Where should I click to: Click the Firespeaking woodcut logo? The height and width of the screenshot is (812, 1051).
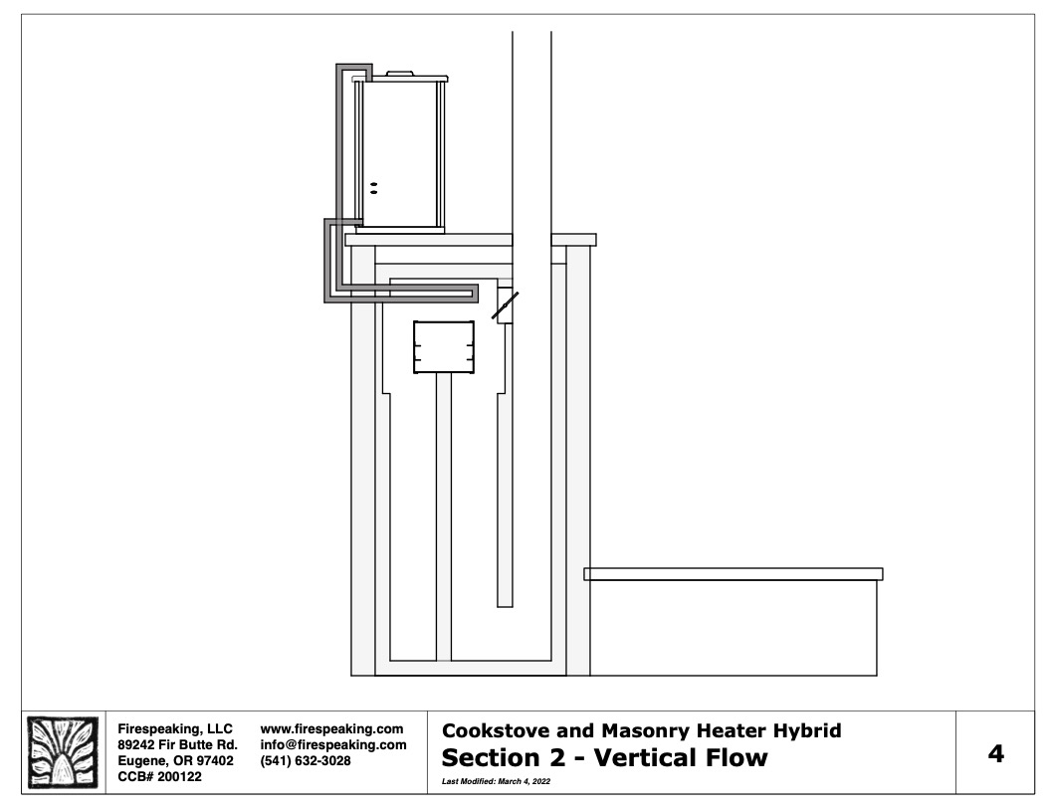click(63, 752)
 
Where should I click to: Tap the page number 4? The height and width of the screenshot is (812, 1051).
click(996, 753)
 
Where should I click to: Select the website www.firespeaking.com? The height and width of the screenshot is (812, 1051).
click(331, 729)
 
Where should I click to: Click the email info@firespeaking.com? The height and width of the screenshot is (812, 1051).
click(333, 745)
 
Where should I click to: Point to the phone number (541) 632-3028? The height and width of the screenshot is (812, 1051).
click(306, 761)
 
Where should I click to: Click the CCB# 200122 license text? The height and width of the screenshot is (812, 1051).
click(159, 777)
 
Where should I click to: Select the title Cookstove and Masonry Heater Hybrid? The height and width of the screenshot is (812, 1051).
click(642, 730)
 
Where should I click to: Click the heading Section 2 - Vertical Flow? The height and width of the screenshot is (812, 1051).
click(604, 757)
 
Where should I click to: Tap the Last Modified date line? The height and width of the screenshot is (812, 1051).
click(496, 781)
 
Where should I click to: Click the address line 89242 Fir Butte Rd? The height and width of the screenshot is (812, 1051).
click(177, 745)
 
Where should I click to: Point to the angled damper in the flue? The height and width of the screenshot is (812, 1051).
click(505, 305)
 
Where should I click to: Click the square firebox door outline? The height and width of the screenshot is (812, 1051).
click(444, 347)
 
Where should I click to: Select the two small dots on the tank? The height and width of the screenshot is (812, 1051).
click(374, 188)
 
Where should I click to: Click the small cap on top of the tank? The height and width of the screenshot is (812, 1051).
click(401, 74)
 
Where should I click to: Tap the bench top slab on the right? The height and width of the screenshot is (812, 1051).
click(734, 574)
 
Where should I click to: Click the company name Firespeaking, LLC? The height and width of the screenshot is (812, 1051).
click(175, 729)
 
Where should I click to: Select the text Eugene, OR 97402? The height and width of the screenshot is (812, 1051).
click(175, 761)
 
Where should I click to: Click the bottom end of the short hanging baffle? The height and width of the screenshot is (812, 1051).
click(505, 607)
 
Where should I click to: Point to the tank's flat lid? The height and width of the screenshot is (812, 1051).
click(400, 79)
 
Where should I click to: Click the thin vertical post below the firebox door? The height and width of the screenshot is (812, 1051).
click(444, 517)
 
